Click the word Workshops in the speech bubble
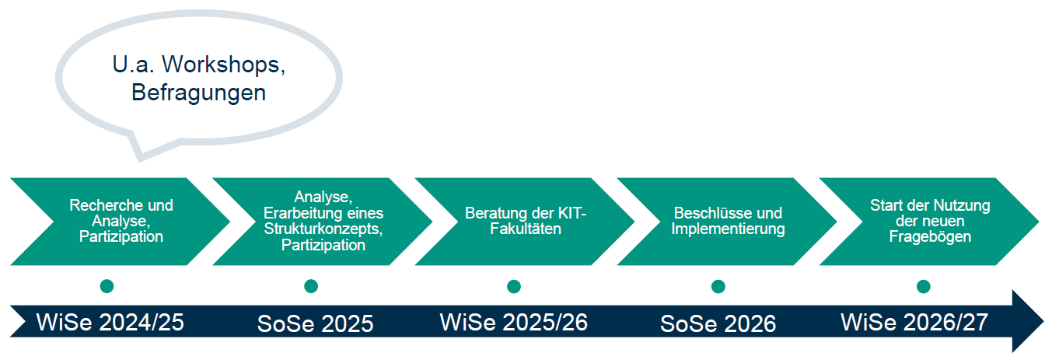tap(224, 65)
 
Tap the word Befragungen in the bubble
tap(198, 93)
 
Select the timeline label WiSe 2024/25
tap(110, 323)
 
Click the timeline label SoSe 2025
tap(315, 324)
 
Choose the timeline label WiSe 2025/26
tap(514, 323)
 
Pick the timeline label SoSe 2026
tap(718, 324)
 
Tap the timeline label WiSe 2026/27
tap(915, 323)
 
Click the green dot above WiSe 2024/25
tap(107, 286)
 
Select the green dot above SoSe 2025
tap(311, 286)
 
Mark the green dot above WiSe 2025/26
tap(514, 286)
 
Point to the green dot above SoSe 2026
tap(718, 286)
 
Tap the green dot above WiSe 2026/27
tap(923, 286)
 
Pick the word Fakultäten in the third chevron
tap(526, 229)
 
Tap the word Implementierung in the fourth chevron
tap(728, 229)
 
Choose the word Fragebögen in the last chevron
tap(930, 236)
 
